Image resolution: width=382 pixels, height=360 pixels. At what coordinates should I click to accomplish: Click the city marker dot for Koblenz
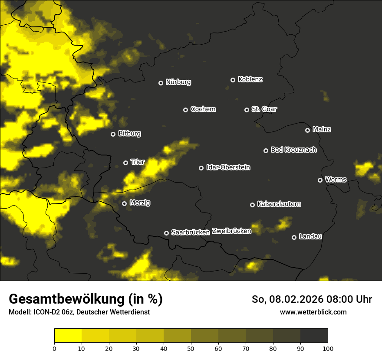click(x=233, y=80)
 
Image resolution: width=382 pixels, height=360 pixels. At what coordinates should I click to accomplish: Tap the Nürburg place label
click(x=178, y=82)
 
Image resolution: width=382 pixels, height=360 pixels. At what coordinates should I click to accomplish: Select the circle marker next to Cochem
click(x=185, y=110)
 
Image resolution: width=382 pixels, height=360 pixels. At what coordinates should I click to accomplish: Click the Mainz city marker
click(x=307, y=130)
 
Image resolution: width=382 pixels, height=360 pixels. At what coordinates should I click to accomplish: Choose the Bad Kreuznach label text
click(x=293, y=150)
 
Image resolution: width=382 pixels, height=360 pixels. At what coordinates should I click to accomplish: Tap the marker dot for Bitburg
click(x=113, y=134)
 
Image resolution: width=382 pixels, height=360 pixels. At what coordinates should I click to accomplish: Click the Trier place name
click(x=138, y=162)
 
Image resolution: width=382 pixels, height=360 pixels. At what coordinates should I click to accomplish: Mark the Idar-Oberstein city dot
click(x=201, y=168)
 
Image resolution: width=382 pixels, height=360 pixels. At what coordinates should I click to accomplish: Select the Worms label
click(x=336, y=180)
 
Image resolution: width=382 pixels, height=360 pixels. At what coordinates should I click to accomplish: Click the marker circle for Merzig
click(x=124, y=203)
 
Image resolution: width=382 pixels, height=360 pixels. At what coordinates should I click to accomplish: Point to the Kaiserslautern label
click(x=279, y=204)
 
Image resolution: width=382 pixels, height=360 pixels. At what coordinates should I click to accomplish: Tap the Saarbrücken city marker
click(x=166, y=233)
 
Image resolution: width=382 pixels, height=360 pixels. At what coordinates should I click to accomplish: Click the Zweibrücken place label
click(x=231, y=231)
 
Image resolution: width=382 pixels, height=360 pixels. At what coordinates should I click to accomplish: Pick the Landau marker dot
click(x=294, y=237)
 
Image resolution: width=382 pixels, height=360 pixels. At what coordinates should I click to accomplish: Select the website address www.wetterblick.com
click(x=313, y=312)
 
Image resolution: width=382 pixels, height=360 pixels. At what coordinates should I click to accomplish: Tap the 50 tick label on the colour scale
click(x=191, y=348)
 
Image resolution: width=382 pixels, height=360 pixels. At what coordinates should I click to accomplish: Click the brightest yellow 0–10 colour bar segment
click(x=68, y=336)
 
